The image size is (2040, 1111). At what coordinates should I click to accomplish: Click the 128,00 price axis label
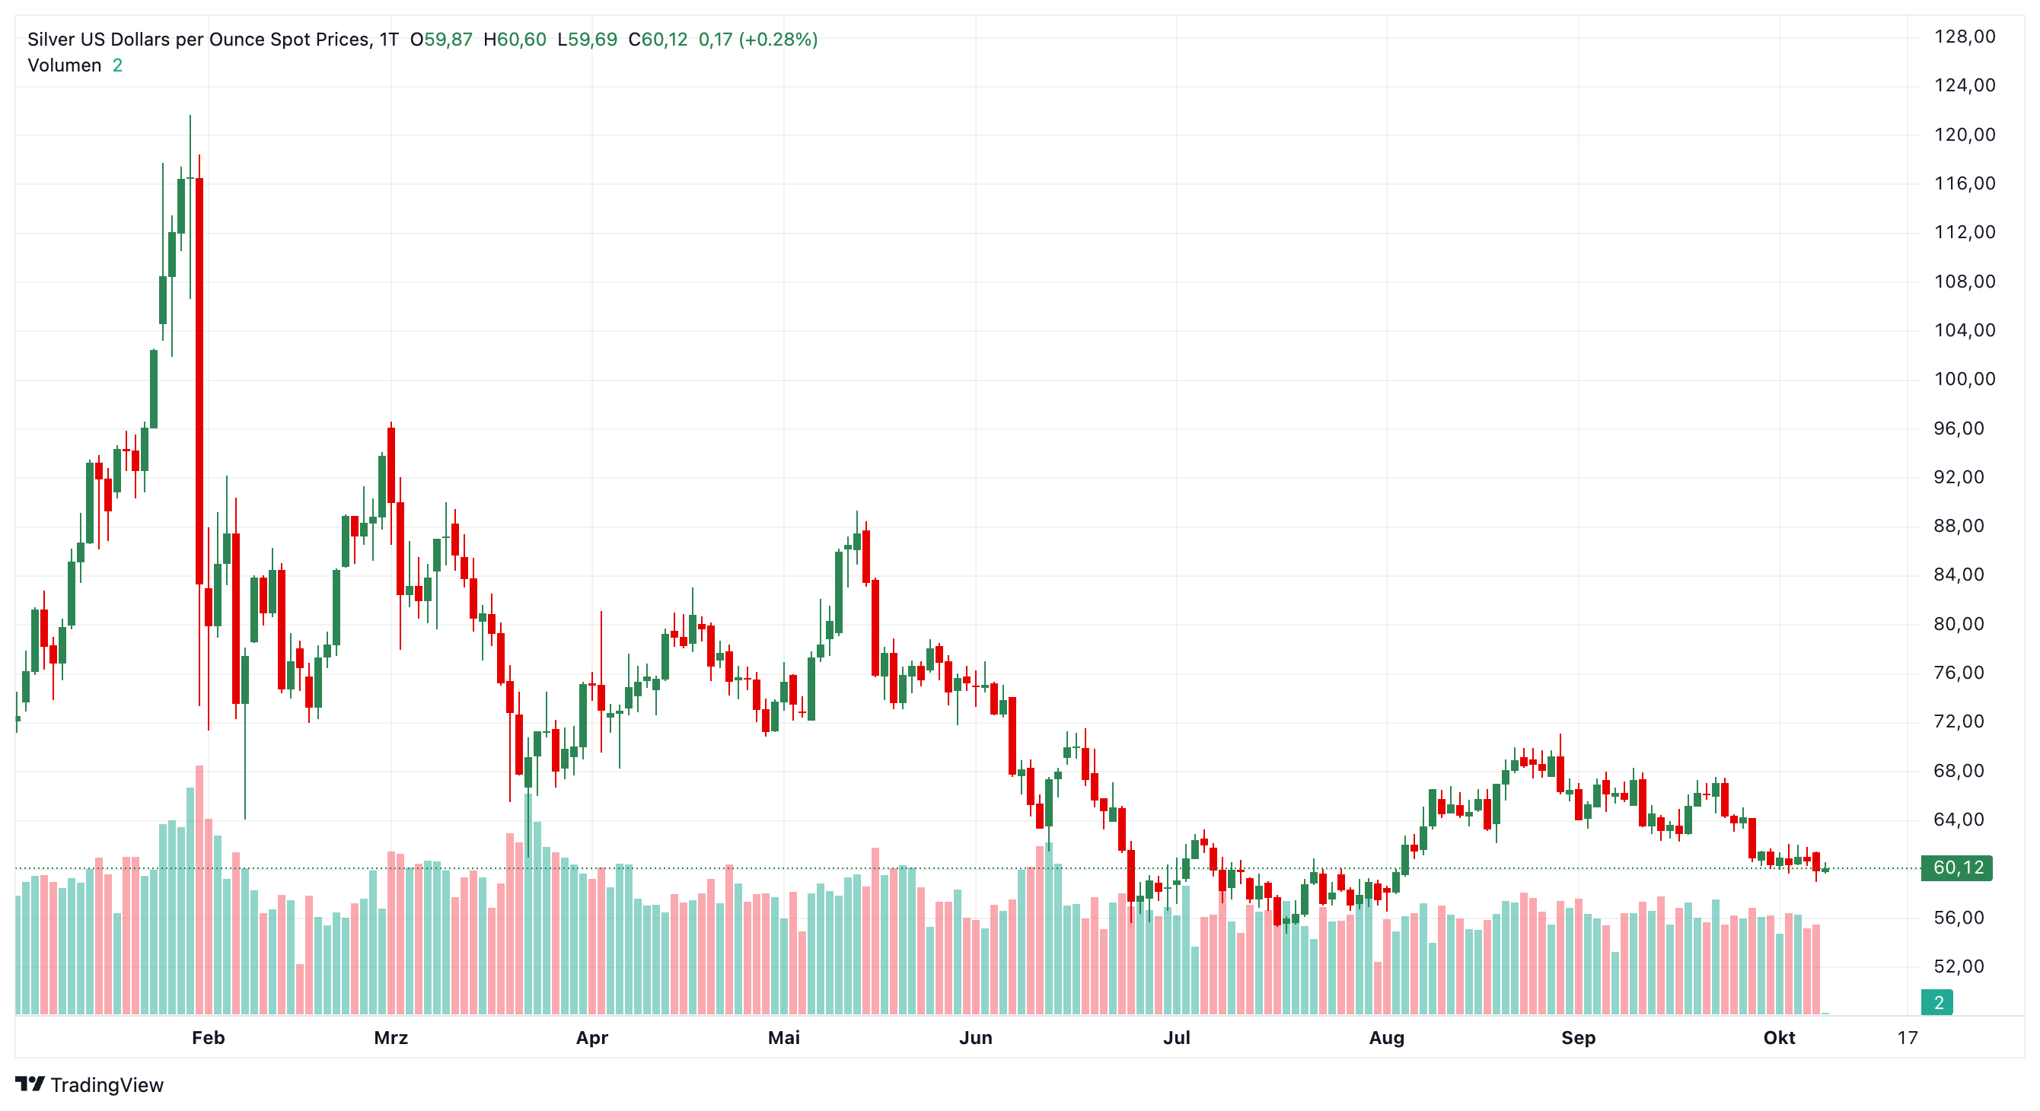tap(1964, 37)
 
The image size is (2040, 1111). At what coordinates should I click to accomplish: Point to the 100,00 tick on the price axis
tap(1964, 379)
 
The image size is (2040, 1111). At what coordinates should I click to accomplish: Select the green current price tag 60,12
tap(1957, 868)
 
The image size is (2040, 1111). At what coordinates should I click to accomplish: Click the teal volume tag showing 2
tap(1938, 1002)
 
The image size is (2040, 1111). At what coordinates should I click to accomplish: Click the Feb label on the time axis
tap(209, 1038)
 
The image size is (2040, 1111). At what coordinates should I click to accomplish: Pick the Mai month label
tap(784, 1038)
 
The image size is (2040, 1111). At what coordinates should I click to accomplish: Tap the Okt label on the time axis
tap(1780, 1038)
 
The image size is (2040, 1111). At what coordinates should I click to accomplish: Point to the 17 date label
tap(1908, 1038)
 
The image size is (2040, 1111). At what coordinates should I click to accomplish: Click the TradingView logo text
tap(107, 1085)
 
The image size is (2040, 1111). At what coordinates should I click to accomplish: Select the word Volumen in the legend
tap(65, 65)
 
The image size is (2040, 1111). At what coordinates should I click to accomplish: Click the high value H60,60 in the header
tap(515, 40)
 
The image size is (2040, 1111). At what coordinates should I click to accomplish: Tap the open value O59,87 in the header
tap(441, 40)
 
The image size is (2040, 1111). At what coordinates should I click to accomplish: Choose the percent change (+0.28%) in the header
tap(779, 40)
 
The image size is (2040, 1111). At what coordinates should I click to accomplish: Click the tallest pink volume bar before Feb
tap(199, 890)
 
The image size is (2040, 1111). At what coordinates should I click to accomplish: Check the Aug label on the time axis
tap(1387, 1038)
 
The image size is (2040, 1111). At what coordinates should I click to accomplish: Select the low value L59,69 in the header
tap(588, 40)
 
